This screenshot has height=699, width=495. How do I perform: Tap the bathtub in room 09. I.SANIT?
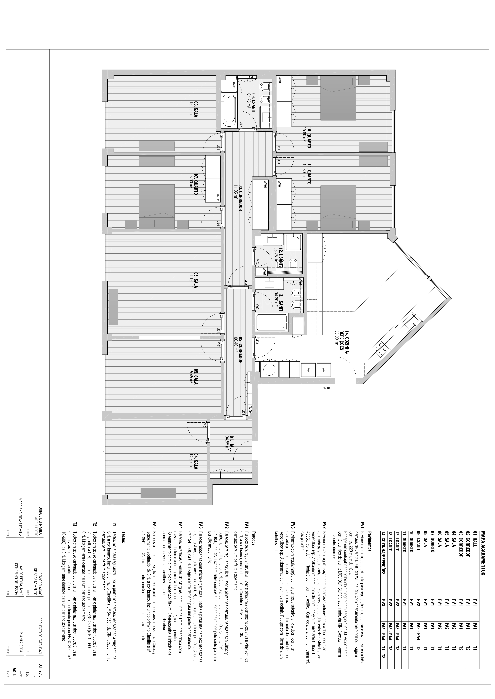tap(229, 111)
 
